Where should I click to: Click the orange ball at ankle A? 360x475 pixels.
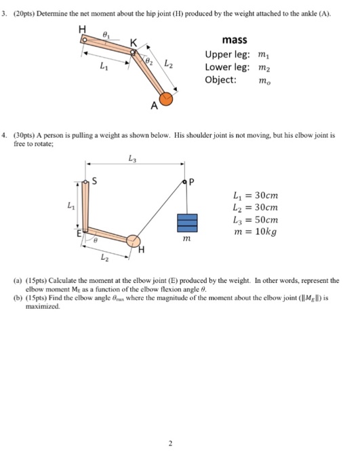[167, 100]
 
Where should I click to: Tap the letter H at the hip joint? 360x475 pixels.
[83, 29]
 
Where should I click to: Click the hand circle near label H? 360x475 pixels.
[134, 242]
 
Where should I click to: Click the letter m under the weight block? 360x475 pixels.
[186, 240]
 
